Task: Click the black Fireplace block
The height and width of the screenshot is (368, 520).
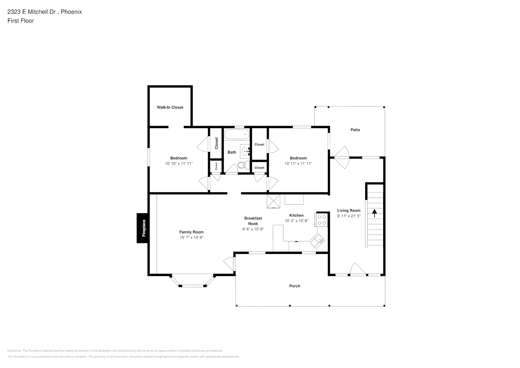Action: tap(143, 228)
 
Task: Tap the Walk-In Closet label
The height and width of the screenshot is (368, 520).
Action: tap(170, 107)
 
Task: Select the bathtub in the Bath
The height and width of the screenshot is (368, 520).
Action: tap(237, 134)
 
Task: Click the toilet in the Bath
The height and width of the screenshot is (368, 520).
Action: tap(242, 165)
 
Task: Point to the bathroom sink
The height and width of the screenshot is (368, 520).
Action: tap(245, 151)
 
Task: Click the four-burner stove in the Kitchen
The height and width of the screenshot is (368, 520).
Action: tap(322, 220)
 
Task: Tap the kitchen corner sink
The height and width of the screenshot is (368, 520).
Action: tap(318, 241)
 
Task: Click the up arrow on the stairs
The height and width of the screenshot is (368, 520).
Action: tap(375, 213)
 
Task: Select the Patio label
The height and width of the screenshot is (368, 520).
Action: tap(355, 130)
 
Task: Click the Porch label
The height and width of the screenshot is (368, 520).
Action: tap(295, 286)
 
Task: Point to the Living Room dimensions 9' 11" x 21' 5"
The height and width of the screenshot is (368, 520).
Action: tap(349, 216)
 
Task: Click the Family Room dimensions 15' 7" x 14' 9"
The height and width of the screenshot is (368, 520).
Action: tap(191, 238)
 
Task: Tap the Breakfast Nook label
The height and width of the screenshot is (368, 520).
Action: tap(253, 221)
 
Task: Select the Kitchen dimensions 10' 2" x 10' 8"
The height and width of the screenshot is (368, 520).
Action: tap(296, 221)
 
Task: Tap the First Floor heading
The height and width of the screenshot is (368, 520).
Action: tap(21, 21)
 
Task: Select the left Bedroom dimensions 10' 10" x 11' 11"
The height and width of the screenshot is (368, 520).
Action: tap(179, 163)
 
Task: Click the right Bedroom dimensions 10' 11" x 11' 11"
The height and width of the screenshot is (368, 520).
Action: tap(298, 163)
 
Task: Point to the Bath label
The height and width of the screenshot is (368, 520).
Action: tap(232, 152)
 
